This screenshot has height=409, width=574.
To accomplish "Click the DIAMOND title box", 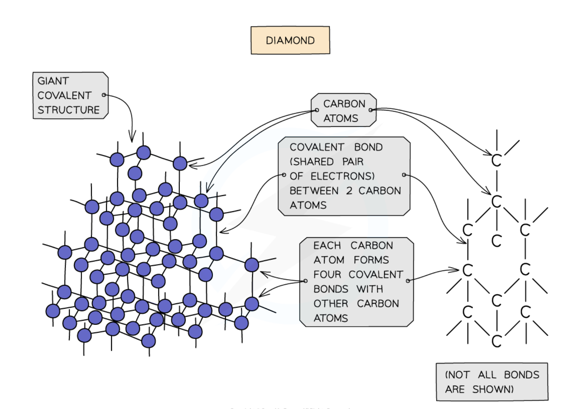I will (290, 40).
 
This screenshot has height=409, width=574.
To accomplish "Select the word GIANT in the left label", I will (53, 81).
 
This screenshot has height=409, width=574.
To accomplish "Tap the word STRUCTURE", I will (68, 110).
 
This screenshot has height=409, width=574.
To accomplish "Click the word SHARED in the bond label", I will (312, 162).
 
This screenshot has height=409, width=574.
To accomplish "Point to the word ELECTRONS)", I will (342, 176).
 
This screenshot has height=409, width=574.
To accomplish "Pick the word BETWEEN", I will (314, 191).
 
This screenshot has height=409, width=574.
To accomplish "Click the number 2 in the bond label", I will (349, 191).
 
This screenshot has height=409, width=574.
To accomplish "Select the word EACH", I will (327, 245).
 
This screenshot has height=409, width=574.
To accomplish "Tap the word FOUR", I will (327, 275).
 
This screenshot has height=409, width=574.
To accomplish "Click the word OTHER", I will (331, 304).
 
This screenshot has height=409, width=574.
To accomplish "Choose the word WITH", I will (369, 289).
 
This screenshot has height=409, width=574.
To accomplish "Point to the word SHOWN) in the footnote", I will (493, 389).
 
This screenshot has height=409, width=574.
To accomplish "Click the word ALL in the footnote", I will (487, 375).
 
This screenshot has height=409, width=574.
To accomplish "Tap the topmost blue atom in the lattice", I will (143, 153).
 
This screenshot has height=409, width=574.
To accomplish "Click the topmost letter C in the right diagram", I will (496, 161).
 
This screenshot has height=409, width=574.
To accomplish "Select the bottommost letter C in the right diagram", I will (496, 341).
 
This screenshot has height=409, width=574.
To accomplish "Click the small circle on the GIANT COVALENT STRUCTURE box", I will (104, 95).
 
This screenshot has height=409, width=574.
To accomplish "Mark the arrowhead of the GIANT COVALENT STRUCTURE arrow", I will (132, 141).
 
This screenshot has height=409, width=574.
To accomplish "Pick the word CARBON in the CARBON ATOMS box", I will (344, 104).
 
